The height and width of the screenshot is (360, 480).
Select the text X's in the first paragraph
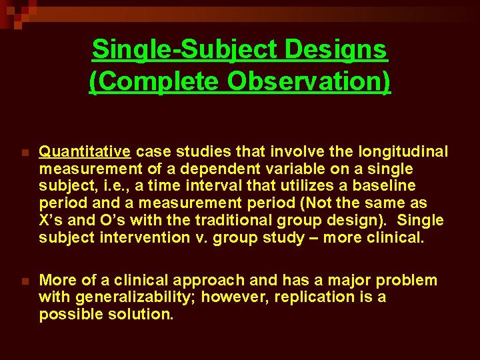51,220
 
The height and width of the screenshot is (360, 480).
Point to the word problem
408,280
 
